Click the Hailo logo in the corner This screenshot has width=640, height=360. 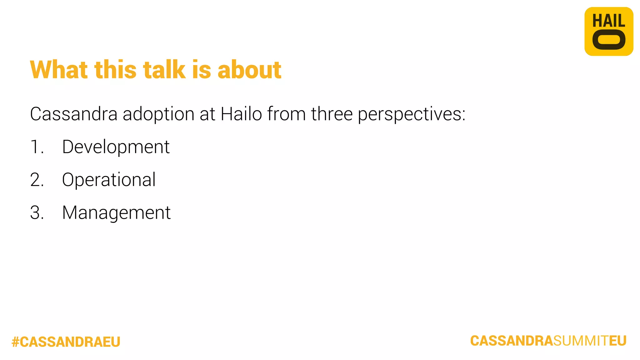click(609, 31)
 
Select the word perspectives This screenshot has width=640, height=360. click(411, 114)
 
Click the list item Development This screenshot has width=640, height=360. click(116, 147)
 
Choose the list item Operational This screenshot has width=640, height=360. click(109, 180)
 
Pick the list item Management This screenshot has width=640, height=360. click(116, 213)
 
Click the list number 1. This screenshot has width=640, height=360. click(36, 147)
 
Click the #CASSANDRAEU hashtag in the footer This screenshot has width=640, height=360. click(66, 342)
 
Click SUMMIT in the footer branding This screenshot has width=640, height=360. click(581, 341)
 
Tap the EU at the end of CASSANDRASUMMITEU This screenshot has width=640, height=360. click(618, 341)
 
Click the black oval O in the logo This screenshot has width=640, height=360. click(609, 40)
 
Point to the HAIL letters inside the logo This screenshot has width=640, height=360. click(609, 21)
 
